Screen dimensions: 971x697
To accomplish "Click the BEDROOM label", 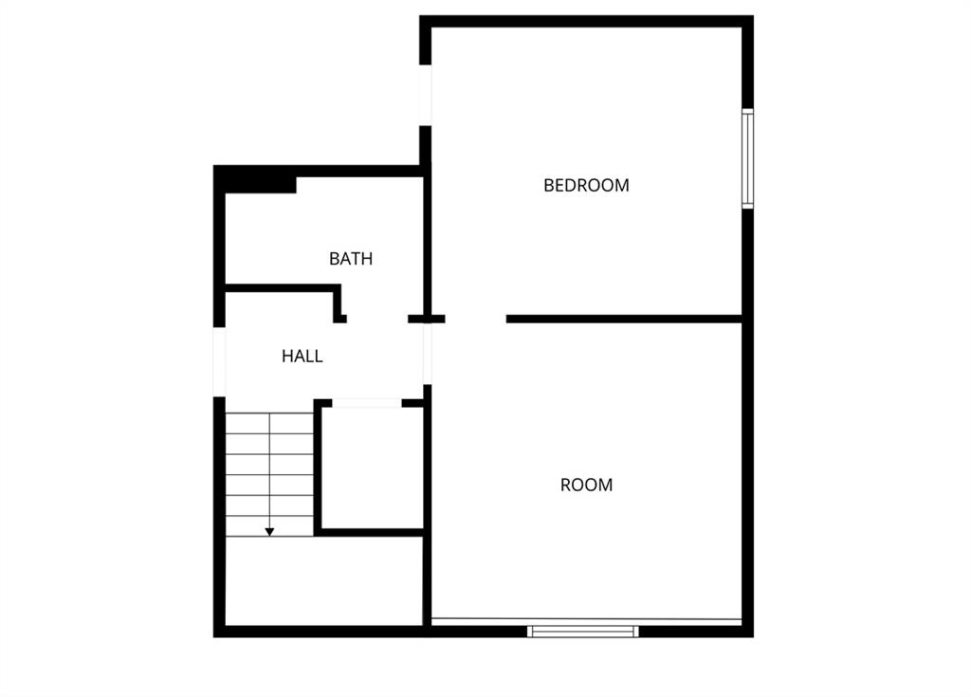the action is (x=586, y=185).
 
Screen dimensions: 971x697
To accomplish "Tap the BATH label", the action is (x=351, y=258).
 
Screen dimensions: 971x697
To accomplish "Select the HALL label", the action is (x=302, y=357).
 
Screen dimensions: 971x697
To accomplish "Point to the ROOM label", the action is (x=586, y=485).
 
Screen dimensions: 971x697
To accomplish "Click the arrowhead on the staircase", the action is (x=269, y=532).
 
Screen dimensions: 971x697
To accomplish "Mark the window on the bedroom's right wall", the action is (x=747, y=158).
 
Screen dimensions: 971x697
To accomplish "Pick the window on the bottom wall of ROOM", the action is (x=583, y=631).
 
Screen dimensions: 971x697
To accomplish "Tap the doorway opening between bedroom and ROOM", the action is (x=476, y=319).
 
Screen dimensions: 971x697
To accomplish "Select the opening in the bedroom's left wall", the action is (x=426, y=96).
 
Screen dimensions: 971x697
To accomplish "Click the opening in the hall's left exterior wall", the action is (x=219, y=361).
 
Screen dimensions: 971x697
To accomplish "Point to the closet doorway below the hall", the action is (x=367, y=403).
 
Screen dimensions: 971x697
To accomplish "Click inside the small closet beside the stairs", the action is (x=373, y=468).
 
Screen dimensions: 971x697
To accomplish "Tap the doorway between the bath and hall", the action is (x=377, y=319).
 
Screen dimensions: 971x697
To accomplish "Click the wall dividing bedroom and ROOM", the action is (x=624, y=319).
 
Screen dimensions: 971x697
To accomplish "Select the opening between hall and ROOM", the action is (x=428, y=354).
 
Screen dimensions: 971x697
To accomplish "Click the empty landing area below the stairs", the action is (x=323, y=581).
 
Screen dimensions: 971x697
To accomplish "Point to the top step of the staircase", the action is (x=269, y=423).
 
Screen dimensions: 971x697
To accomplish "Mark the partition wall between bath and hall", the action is (x=282, y=287).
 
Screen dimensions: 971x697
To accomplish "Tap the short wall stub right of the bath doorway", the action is (x=426, y=319).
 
